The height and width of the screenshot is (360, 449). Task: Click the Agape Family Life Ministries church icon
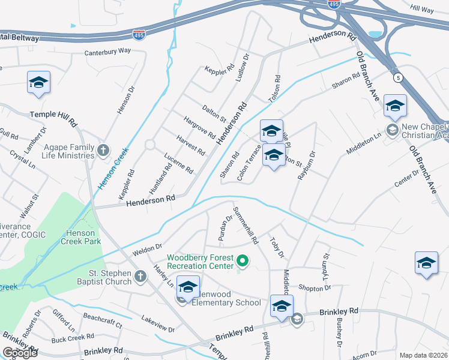point(103,149)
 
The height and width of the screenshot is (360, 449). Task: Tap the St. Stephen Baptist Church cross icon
point(140,277)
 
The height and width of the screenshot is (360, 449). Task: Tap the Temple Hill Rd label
point(54,117)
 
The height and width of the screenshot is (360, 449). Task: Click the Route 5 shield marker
point(397,77)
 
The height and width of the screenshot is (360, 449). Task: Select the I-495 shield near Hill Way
point(334,4)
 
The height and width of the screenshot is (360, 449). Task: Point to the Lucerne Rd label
point(179,163)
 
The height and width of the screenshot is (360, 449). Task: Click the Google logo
point(20,353)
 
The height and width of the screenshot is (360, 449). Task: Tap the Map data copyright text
point(424,355)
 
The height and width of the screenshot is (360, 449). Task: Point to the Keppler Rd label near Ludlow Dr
point(219,70)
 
